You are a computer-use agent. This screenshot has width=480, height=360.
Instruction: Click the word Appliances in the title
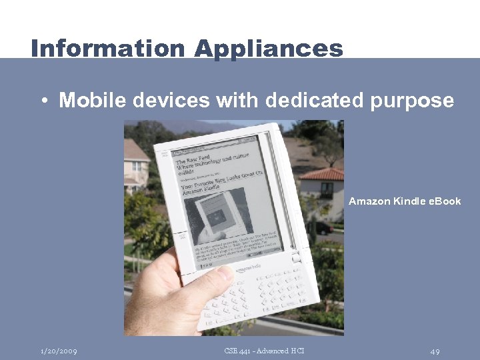pos(269,48)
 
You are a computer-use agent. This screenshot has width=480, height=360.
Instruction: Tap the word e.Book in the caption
pos(443,201)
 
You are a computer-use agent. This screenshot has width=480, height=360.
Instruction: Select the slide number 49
pos(435,351)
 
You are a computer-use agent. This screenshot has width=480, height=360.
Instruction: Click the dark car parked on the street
pos(323,227)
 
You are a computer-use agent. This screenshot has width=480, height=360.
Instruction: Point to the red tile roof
pos(322,174)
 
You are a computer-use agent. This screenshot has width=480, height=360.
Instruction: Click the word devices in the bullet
pos(172,101)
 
